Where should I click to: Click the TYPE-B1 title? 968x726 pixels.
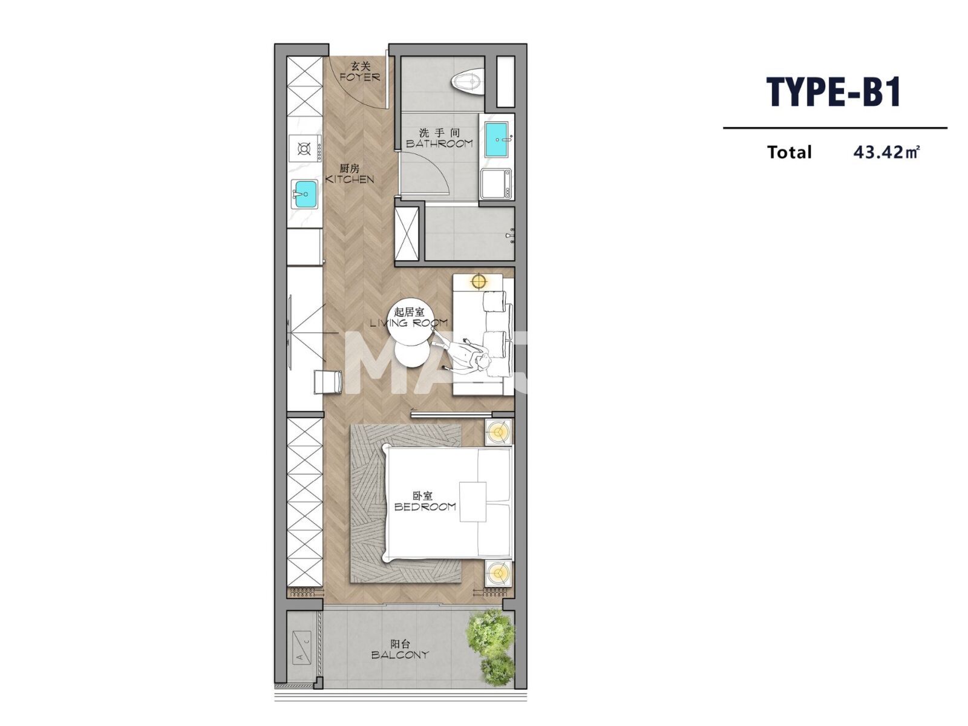coord(834,92)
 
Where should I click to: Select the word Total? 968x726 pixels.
coord(789,152)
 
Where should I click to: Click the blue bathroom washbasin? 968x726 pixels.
coord(497,139)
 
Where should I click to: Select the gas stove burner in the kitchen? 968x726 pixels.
coord(304,148)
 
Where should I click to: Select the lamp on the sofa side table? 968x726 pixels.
coord(479,281)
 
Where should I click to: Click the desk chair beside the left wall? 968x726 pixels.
coord(329,382)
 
